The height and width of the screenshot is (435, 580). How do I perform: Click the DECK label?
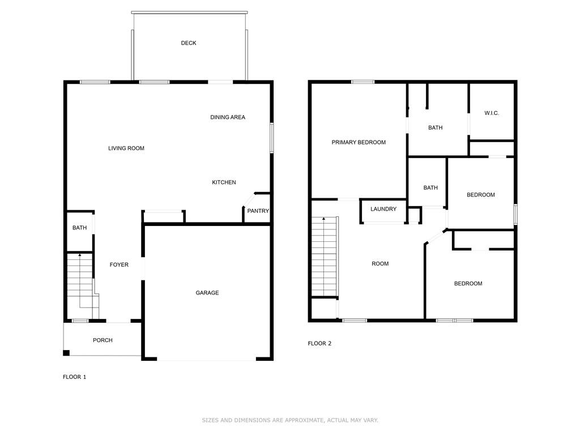click(x=189, y=43)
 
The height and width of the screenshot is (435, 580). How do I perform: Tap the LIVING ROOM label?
click(x=126, y=148)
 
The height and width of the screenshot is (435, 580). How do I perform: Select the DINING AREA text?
click(x=228, y=117)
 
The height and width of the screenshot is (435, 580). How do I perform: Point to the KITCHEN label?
click(x=224, y=182)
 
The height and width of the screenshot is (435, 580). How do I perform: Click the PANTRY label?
click(x=258, y=211)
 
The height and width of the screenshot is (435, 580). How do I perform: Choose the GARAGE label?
click(x=207, y=293)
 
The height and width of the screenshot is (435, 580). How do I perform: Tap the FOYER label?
click(x=119, y=265)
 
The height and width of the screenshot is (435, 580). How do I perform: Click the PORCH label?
click(x=103, y=340)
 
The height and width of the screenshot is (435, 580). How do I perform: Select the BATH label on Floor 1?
click(x=79, y=228)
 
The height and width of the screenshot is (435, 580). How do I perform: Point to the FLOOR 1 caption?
click(x=74, y=377)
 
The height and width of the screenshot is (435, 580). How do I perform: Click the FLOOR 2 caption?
click(x=319, y=343)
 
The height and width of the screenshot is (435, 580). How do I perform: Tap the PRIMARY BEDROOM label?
click(x=359, y=142)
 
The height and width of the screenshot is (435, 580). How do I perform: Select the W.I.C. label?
click(x=492, y=113)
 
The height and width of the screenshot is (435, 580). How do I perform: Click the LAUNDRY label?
click(x=383, y=209)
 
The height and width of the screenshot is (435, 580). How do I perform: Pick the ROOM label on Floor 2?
click(x=380, y=263)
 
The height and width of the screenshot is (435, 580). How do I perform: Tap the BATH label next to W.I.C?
click(x=435, y=128)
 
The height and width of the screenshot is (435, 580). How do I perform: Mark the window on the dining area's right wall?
click(x=272, y=138)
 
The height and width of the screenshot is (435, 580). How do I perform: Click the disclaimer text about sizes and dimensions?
click(x=290, y=420)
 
